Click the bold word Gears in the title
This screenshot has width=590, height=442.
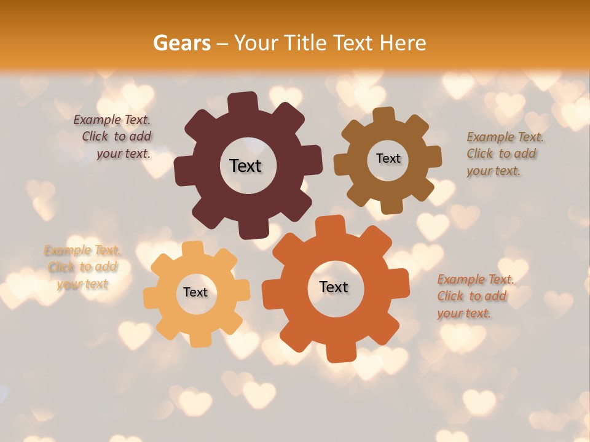[181, 43]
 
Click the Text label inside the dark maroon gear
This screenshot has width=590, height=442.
[245, 166]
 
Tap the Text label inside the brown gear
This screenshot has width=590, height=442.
[388, 158]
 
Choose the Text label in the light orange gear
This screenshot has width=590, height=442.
[195, 292]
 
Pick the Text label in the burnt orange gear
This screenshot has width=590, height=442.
[334, 287]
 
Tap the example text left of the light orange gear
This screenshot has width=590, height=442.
[82, 267]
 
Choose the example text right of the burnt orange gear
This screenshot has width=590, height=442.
[473, 296]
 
